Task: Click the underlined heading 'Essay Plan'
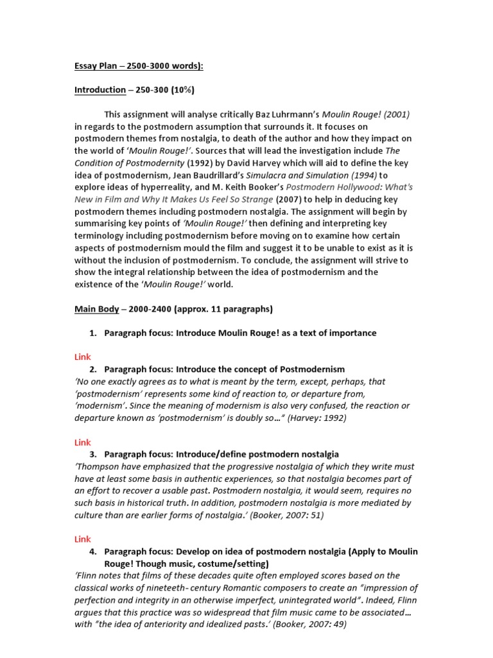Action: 98,66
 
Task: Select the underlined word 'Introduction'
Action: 100,90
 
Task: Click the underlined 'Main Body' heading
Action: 97,309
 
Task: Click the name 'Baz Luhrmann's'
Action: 284,114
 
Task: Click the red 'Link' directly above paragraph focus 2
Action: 83,357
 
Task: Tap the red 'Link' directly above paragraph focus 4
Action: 83,539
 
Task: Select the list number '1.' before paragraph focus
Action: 93,333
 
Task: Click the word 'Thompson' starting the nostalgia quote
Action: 98,467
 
